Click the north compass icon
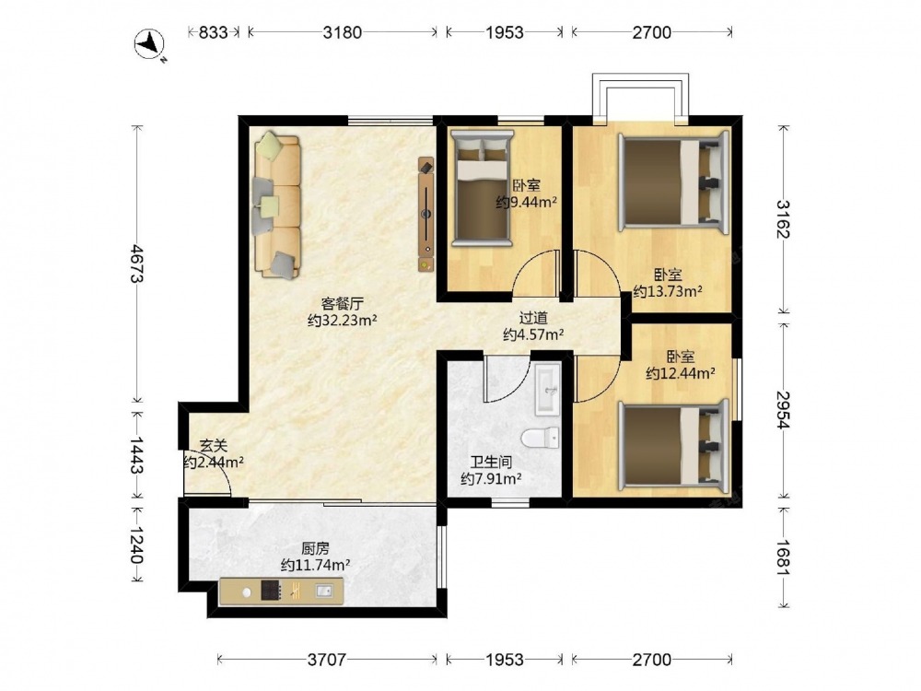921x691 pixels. [x=150, y=44]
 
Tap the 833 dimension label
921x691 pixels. [x=213, y=32]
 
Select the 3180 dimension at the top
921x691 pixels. [x=343, y=32]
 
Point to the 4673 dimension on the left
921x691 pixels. [x=137, y=264]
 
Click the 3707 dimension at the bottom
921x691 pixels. [x=327, y=660]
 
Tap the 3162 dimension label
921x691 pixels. [x=783, y=218]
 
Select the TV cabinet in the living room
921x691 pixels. [x=426, y=214]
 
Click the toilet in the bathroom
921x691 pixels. [x=540, y=437]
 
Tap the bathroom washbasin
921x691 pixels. [x=547, y=390]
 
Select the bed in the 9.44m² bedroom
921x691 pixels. [x=482, y=188]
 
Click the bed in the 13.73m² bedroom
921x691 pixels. [x=673, y=181]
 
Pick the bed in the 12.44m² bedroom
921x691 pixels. [x=673, y=446]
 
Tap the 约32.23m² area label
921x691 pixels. [x=343, y=321]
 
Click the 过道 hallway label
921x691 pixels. [x=533, y=318]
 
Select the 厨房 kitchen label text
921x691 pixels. [x=315, y=549]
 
